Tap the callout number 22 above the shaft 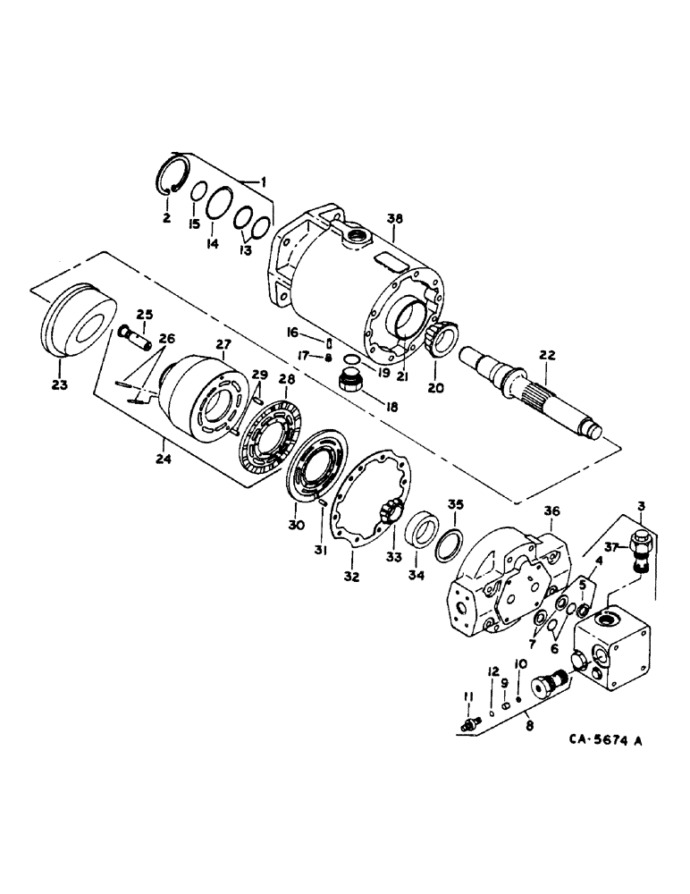coord(547,355)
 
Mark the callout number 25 coord(144,312)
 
